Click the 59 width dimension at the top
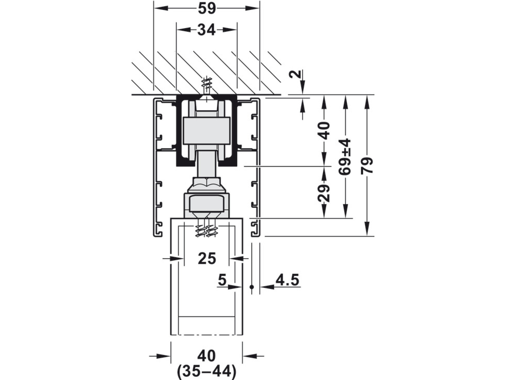(x=207, y=8)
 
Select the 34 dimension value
(x=207, y=30)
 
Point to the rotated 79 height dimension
(x=367, y=166)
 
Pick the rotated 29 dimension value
(x=324, y=193)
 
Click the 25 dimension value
(x=207, y=258)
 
